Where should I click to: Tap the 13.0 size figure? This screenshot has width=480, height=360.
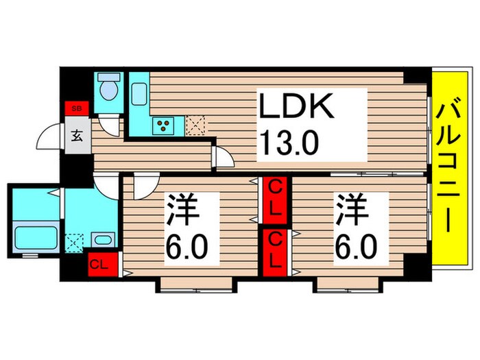(x=289, y=144)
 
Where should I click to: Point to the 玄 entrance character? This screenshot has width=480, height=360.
(x=77, y=135)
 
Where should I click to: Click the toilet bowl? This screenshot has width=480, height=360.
(x=108, y=89)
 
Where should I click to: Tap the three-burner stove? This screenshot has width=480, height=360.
(x=165, y=125)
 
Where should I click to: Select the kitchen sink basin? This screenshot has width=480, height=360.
(x=139, y=91)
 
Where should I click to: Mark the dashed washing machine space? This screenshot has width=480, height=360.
(x=73, y=241)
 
